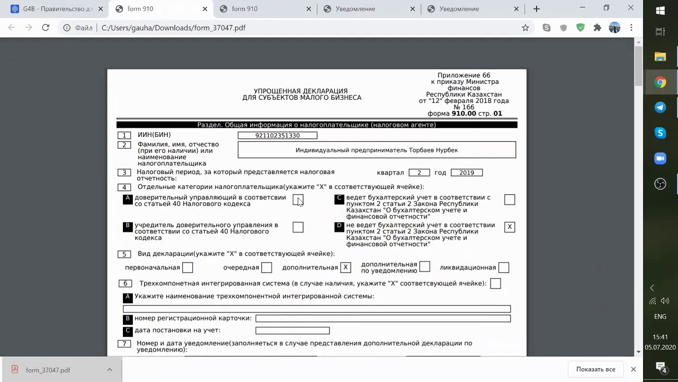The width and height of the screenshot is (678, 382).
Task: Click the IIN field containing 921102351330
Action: coord(278,136)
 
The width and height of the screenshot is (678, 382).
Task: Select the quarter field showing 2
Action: coord(419,172)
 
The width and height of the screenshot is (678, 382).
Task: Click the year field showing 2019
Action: coord(466,172)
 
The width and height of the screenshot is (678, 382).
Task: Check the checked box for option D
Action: coord(510,227)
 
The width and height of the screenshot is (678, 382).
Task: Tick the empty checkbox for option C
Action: coord(510,199)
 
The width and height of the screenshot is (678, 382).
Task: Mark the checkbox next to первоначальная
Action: coord(188,268)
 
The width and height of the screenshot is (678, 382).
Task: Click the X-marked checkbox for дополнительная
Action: coord(345,268)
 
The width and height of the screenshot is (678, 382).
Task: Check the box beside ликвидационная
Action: coord(504,268)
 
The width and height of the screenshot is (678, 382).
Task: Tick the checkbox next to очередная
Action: coord(266,268)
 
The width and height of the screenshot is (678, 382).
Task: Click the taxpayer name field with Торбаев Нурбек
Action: coord(377,150)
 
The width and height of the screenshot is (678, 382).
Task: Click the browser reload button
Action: coord(46,28)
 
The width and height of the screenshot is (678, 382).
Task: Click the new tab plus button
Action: coord(537,9)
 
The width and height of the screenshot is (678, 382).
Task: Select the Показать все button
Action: coord(595,369)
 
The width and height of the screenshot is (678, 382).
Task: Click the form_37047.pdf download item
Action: coord(48,370)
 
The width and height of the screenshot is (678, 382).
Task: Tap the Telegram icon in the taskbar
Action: coord(660,108)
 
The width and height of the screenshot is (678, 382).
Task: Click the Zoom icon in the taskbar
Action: coord(660,159)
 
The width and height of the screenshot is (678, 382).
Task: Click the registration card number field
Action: coord(383,318)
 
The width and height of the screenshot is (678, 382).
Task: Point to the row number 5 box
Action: coord(124,254)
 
